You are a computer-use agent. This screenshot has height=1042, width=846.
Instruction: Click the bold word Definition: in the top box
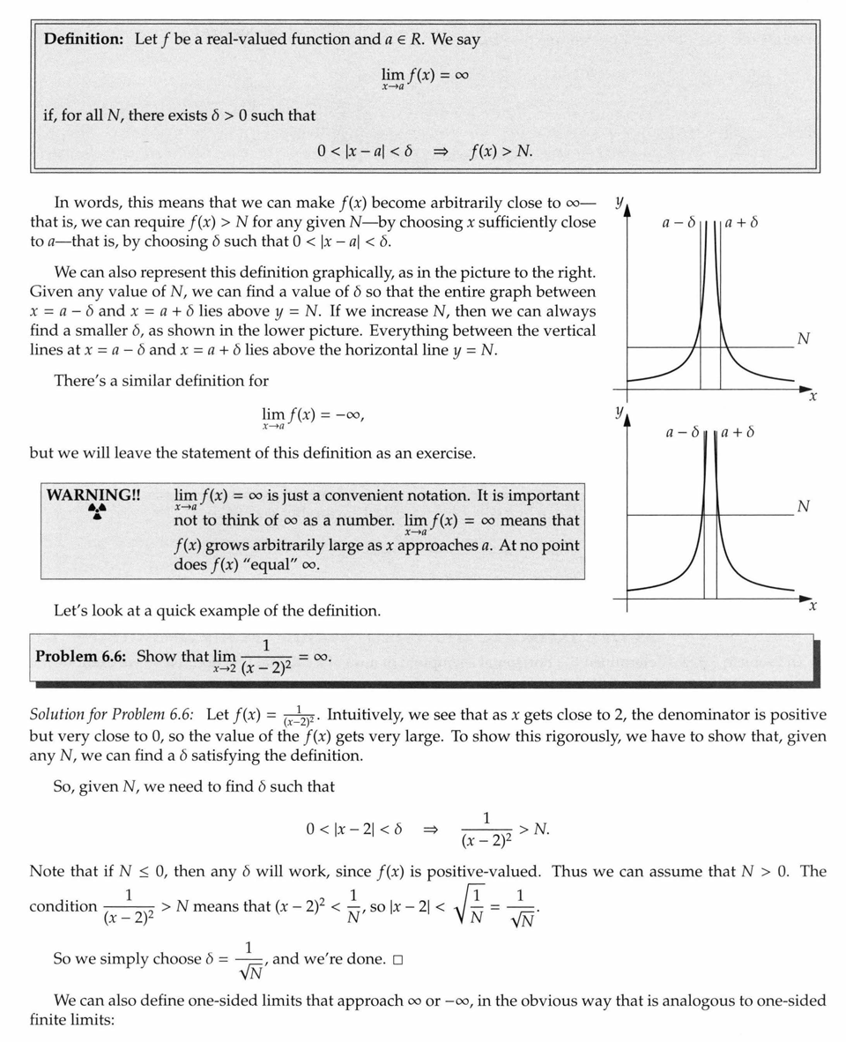click(x=85, y=40)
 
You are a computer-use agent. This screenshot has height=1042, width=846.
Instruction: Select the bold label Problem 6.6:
click(x=83, y=657)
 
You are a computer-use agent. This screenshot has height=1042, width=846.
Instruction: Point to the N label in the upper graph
click(x=803, y=339)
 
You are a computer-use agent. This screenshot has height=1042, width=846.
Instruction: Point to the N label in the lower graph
click(x=803, y=506)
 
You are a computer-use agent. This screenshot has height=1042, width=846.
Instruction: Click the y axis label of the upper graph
click(x=619, y=202)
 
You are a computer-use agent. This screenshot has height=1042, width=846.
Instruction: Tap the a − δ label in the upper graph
click(x=679, y=223)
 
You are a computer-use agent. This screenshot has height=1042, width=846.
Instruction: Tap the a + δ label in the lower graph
click(x=738, y=433)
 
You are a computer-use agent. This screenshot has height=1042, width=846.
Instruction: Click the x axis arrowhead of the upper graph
click(x=805, y=388)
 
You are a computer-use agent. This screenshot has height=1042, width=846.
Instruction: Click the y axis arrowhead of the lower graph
click(x=627, y=422)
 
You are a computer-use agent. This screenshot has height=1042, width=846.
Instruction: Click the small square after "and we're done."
click(x=397, y=959)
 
